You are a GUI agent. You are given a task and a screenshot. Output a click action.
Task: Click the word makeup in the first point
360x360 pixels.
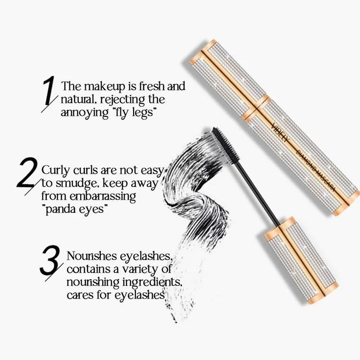(x=100, y=87)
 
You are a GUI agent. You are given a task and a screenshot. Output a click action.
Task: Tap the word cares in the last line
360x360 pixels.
(x=80, y=295)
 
